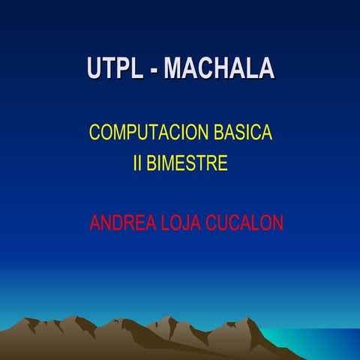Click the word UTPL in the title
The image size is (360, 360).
(x=112, y=68)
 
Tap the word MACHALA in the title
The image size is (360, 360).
(x=219, y=68)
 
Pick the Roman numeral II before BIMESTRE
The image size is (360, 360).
(x=137, y=163)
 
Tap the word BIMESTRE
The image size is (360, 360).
(x=187, y=163)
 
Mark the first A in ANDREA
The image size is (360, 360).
(x=94, y=223)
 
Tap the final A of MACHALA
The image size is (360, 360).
(x=266, y=68)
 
